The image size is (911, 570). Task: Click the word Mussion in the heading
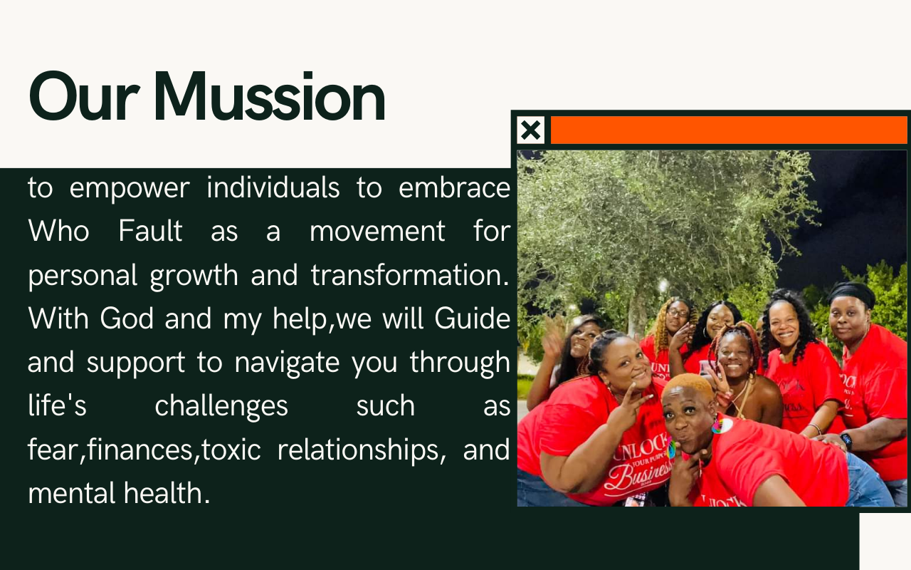[x=269, y=96]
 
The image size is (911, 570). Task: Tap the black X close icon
[x=531, y=130]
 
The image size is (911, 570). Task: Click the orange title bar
[x=729, y=130]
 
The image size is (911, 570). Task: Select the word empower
[x=130, y=190]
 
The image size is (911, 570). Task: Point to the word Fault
[x=150, y=231]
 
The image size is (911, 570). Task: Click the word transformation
[x=410, y=275]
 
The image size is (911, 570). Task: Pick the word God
[x=127, y=318]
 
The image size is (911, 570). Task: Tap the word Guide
[x=472, y=318]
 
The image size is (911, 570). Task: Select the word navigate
[x=287, y=363]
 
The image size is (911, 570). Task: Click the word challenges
[x=221, y=407]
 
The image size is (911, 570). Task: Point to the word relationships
[x=361, y=450]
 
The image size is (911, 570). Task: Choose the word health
[x=167, y=493]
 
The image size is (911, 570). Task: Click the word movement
[x=377, y=232]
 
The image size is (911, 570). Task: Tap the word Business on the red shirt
[x=637, y=475]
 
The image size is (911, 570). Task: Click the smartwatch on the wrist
[x=846, y=441]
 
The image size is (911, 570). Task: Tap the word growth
[x=194, y=276]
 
